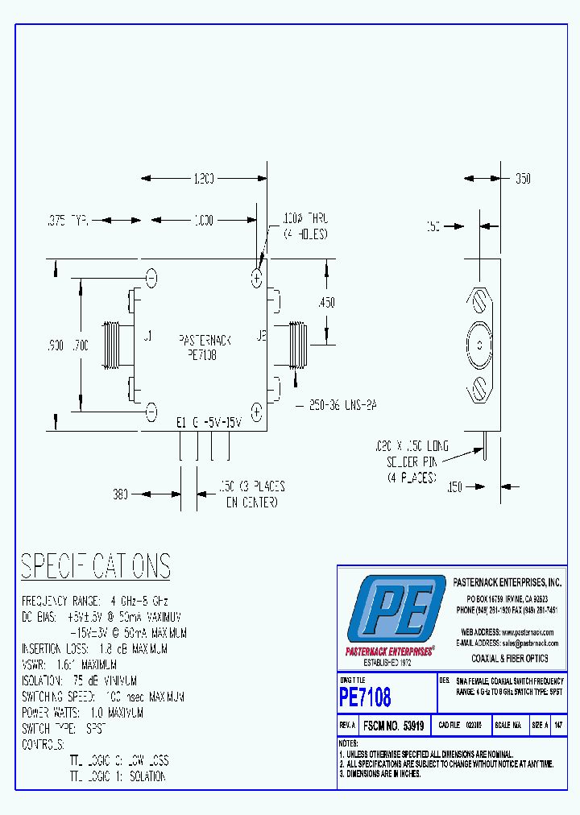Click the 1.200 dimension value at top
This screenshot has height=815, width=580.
(203, 180)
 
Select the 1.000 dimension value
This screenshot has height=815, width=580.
(203, 220)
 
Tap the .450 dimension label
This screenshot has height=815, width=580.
(326, 303)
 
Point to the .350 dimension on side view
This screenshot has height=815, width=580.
(523, 180)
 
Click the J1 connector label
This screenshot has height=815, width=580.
(147, 338)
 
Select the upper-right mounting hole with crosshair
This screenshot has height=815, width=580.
(257, 279)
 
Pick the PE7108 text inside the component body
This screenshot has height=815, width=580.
(201, 354)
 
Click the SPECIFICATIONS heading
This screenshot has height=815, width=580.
(95, 566)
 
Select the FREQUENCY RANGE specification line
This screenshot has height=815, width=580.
(94, 602)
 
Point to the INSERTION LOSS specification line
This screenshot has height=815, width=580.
(104, 648)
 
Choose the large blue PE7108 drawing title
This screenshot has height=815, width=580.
(365, 696)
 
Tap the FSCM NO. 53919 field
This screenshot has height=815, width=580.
(394, 726)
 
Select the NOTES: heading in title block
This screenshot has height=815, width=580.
(348, 743)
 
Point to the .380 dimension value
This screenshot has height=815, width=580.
(121, 495)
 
